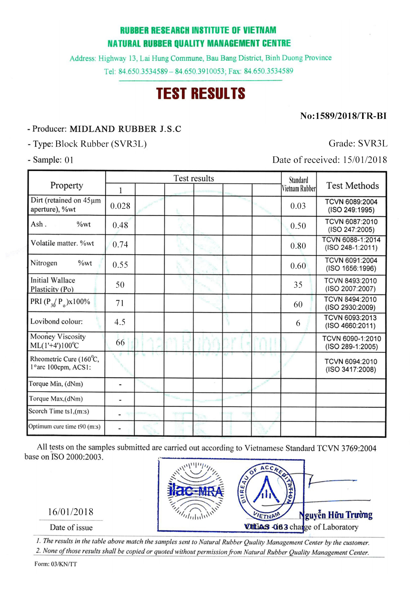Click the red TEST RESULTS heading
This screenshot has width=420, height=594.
click(201, 94)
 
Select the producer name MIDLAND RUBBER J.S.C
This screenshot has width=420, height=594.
click(125, 129)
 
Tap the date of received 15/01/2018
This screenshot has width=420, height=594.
click(364, 160)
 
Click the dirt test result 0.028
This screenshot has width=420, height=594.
click(120, 206)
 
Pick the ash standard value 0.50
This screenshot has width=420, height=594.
click(298, 226)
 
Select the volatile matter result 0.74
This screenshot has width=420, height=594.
click(120, 245)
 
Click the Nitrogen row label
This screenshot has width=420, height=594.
click(44, 263)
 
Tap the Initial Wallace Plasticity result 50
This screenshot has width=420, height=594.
click(120, 284)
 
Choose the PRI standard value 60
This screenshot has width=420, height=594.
click(298, 304)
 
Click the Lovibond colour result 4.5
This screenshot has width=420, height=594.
click(120, 322)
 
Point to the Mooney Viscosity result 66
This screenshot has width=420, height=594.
click(120, 342)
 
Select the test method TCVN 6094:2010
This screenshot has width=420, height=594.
click(351, 361)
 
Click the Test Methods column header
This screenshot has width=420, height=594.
click(352, 186)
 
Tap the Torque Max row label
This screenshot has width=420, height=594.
click(56, 399)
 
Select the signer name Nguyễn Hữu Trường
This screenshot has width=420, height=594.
click(336, 515)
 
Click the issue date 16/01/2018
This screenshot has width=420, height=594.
click(70, 512)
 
